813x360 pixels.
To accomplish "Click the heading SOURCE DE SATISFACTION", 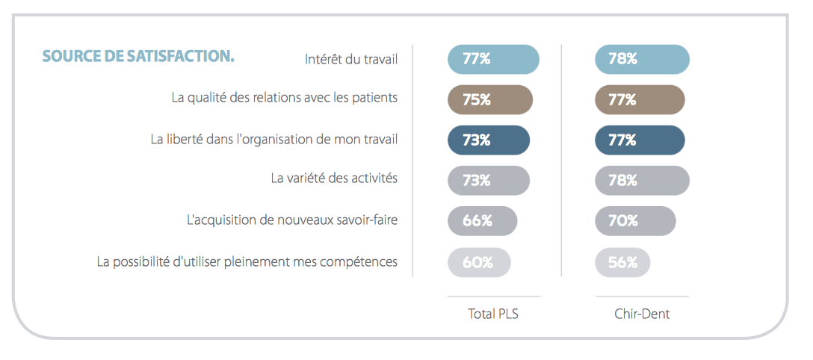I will click(x=138, y=57).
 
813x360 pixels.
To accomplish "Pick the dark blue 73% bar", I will click(x=489, y=140).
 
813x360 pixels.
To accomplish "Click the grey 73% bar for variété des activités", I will click(x=489, y=181).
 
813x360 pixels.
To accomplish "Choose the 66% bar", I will click(x=482, y=221).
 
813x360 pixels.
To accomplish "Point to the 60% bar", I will click(x=479, y=262).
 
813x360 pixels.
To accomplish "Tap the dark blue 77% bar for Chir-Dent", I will click(x=640, y=140).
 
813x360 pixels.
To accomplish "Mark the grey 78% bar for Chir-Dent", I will click(x=642, y=181).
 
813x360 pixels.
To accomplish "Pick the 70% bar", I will click(x=635, y=221).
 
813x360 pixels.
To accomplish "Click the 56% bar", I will click(x=622, y=262).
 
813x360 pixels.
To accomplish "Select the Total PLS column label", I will click(x=493, y=314).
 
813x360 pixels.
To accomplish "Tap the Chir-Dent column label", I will click(x=641, y=314).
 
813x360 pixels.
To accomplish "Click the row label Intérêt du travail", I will click(x=351, y=59).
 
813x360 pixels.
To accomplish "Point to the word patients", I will click(x=374, y=98).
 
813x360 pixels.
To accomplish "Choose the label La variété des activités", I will click(x=334, y=179).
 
